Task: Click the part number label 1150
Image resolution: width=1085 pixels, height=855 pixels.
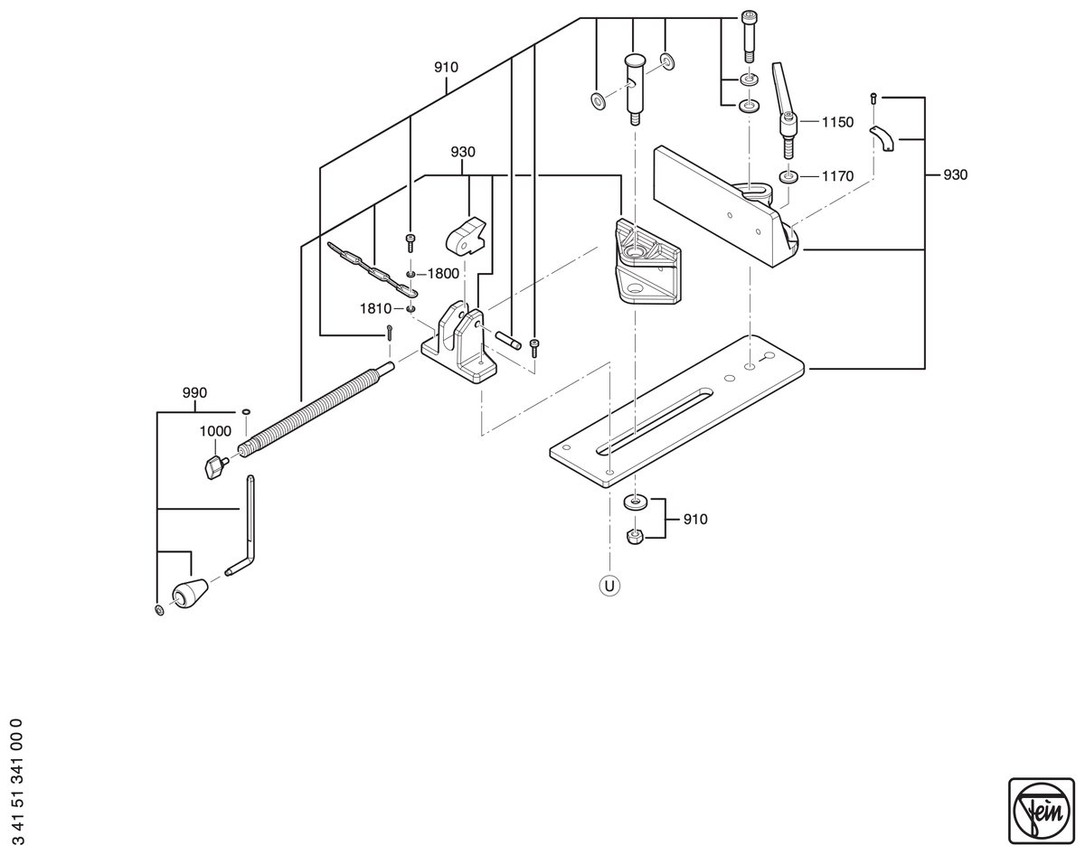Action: pyautogui.click(x=837, y=122)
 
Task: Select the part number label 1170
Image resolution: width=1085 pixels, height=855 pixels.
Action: pyautogui.click(x=837, y=176)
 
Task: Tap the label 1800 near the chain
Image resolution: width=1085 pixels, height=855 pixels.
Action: pyautogui.click(x=443, y=274)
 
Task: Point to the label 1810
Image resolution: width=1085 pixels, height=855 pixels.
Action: pyautogui.click(x=375, y=308)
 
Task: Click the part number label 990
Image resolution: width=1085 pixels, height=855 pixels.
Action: pyautogui.click(x=194, y=393)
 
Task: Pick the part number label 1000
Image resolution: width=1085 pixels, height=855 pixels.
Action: pyautogui.click(x=215, y=431)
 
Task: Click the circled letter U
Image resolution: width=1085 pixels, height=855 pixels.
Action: pyautogui.click(x=609, y=586)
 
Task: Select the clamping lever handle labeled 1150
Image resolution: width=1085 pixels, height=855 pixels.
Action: pyautogui.click(x=785, y=109)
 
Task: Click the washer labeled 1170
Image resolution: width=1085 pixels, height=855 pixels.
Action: pyautogui.click(x=788, y=177)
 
